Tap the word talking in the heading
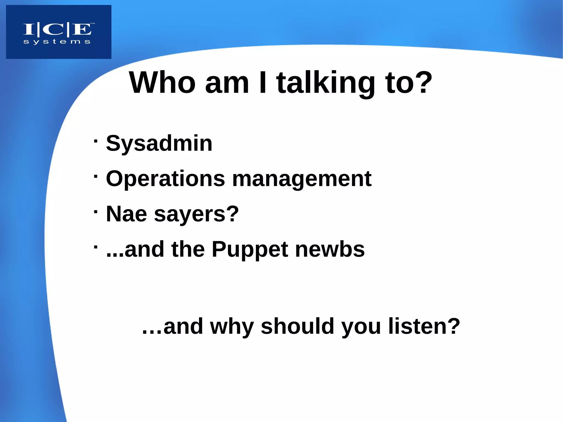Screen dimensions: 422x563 [x=326, y=84]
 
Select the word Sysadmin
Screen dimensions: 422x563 [x=159, y=144]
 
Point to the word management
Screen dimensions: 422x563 [x=302, y=179]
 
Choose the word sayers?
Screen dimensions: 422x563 [x=197, y=214]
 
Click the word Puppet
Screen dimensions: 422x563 [x=250, y=250]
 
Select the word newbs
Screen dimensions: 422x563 [x=330, y=249]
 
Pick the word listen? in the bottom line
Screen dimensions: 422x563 [x=424, y=326]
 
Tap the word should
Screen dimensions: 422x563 [x=297, y=326]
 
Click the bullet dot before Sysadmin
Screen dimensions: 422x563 [x=95, y=141]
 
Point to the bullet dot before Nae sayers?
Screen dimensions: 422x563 [x=95, y=212]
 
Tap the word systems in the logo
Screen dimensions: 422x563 [x=57, y=42]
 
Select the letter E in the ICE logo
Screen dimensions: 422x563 [x=81, y=29]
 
